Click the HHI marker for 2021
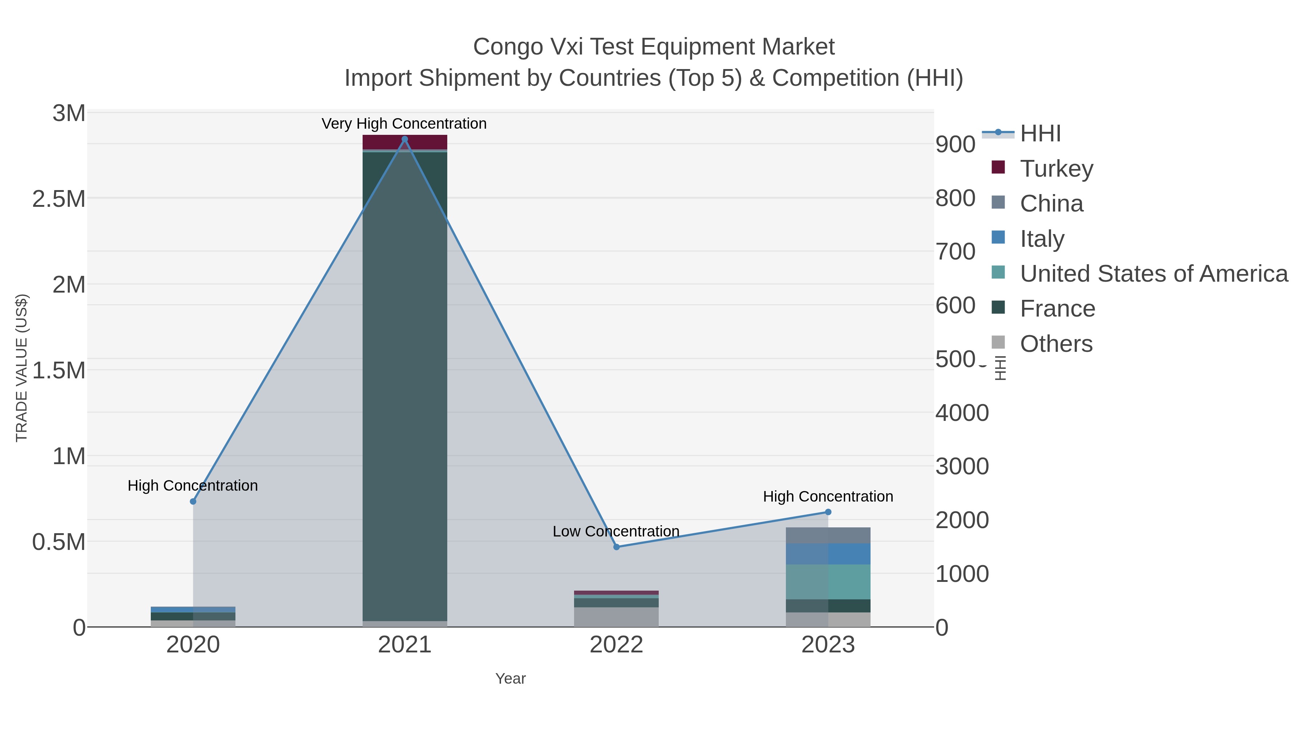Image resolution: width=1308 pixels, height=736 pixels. (405, 139)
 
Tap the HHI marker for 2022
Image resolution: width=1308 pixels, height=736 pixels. (617, 547)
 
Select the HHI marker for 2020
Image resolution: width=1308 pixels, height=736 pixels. (193, 501)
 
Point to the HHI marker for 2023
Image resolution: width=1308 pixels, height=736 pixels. (828, 512)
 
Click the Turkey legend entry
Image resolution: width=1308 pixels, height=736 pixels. (1056, 169)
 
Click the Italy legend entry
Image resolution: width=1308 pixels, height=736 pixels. (1042, 239)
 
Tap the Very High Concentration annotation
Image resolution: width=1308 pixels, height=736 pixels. (404, 124)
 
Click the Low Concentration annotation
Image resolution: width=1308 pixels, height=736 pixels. (616, 531)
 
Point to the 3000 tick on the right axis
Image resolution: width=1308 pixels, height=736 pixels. (962, 466)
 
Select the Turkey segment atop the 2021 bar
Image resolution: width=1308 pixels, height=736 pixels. (405, 142)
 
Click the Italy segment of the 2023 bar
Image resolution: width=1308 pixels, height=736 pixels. (828, 554)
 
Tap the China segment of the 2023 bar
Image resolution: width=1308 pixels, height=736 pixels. (828, 535)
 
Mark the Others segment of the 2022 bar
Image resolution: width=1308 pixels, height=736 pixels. (617, 617)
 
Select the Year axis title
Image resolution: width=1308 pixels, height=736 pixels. (510, 679)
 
